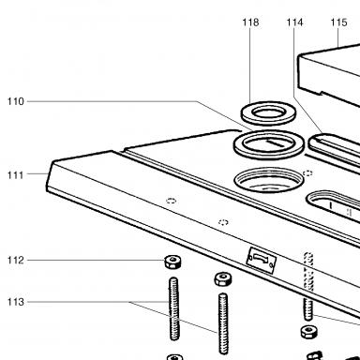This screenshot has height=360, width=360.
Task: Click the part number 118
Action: click(250, 22)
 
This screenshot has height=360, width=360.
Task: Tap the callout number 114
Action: click(294, 22)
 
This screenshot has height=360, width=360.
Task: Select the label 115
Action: click(338, 22)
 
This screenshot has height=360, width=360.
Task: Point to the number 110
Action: click(16, 101)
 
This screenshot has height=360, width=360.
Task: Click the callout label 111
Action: click(16, 175)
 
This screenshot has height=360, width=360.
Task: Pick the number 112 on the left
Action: click(16, 260)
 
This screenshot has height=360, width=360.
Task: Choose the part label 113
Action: click(16, 302)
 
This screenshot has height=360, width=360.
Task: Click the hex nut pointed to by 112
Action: click(173, 262)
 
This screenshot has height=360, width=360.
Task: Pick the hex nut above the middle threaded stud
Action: click(223, 278)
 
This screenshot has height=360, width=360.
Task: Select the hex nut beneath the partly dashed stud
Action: click(309, 332)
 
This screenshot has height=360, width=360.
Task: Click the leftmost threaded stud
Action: click(174, 308)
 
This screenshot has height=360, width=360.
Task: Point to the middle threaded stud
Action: click(223, 323)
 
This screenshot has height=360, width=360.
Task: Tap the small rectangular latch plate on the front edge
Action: click(261, 260)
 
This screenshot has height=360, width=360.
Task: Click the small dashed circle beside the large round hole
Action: click(307, 173)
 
